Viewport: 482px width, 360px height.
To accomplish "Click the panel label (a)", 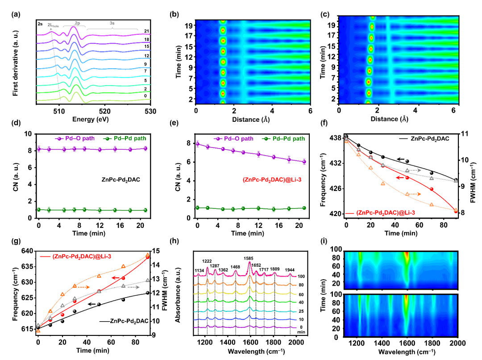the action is pyautogui.click(x=16, y=14).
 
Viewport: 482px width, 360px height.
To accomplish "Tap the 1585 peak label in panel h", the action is pyautogui.click(x=249, y=259).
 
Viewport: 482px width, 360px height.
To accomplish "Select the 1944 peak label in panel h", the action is pyautogui.click(x=290, y=270).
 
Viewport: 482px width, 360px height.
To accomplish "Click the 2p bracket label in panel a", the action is pyautogui.click(x=77, y=23).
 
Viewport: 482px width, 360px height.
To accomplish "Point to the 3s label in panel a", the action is pyautogui.click(x=112, y=23).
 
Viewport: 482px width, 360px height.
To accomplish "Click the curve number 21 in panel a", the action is pyautogui.click(x=147, y=31).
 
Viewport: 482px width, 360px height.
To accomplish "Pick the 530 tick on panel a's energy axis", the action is pyautogui.click(x=150, y=111).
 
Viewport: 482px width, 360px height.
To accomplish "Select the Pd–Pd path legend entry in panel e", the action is pyautogui.click(x=283, y=139).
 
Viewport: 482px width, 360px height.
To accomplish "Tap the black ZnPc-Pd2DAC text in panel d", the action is pyautogui.click(x=121, y=179).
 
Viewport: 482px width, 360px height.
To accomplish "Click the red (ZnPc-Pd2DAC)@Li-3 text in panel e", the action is pyautogui.click(x=272, y=179).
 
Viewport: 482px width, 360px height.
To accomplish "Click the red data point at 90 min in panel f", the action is pyautogui.click(x=456, y=211).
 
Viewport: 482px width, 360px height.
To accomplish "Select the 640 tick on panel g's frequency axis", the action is pyautogui.click(x=28, y=251).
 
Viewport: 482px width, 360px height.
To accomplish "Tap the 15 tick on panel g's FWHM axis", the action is pyautogui.click(x=156, y=251).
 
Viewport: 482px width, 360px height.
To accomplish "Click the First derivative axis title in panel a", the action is pyautogui.click(x=15, y=63).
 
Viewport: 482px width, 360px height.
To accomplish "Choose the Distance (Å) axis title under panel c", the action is pyautogui.click(x=390, y=119).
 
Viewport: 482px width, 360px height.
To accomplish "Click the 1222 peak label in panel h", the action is pyautogui.click(x=207, y=261).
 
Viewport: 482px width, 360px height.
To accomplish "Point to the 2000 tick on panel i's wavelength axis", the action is pyautogui.click(x=458, y=343).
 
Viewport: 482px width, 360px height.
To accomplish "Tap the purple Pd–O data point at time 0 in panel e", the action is pyautogui.click(x=197, y=144).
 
